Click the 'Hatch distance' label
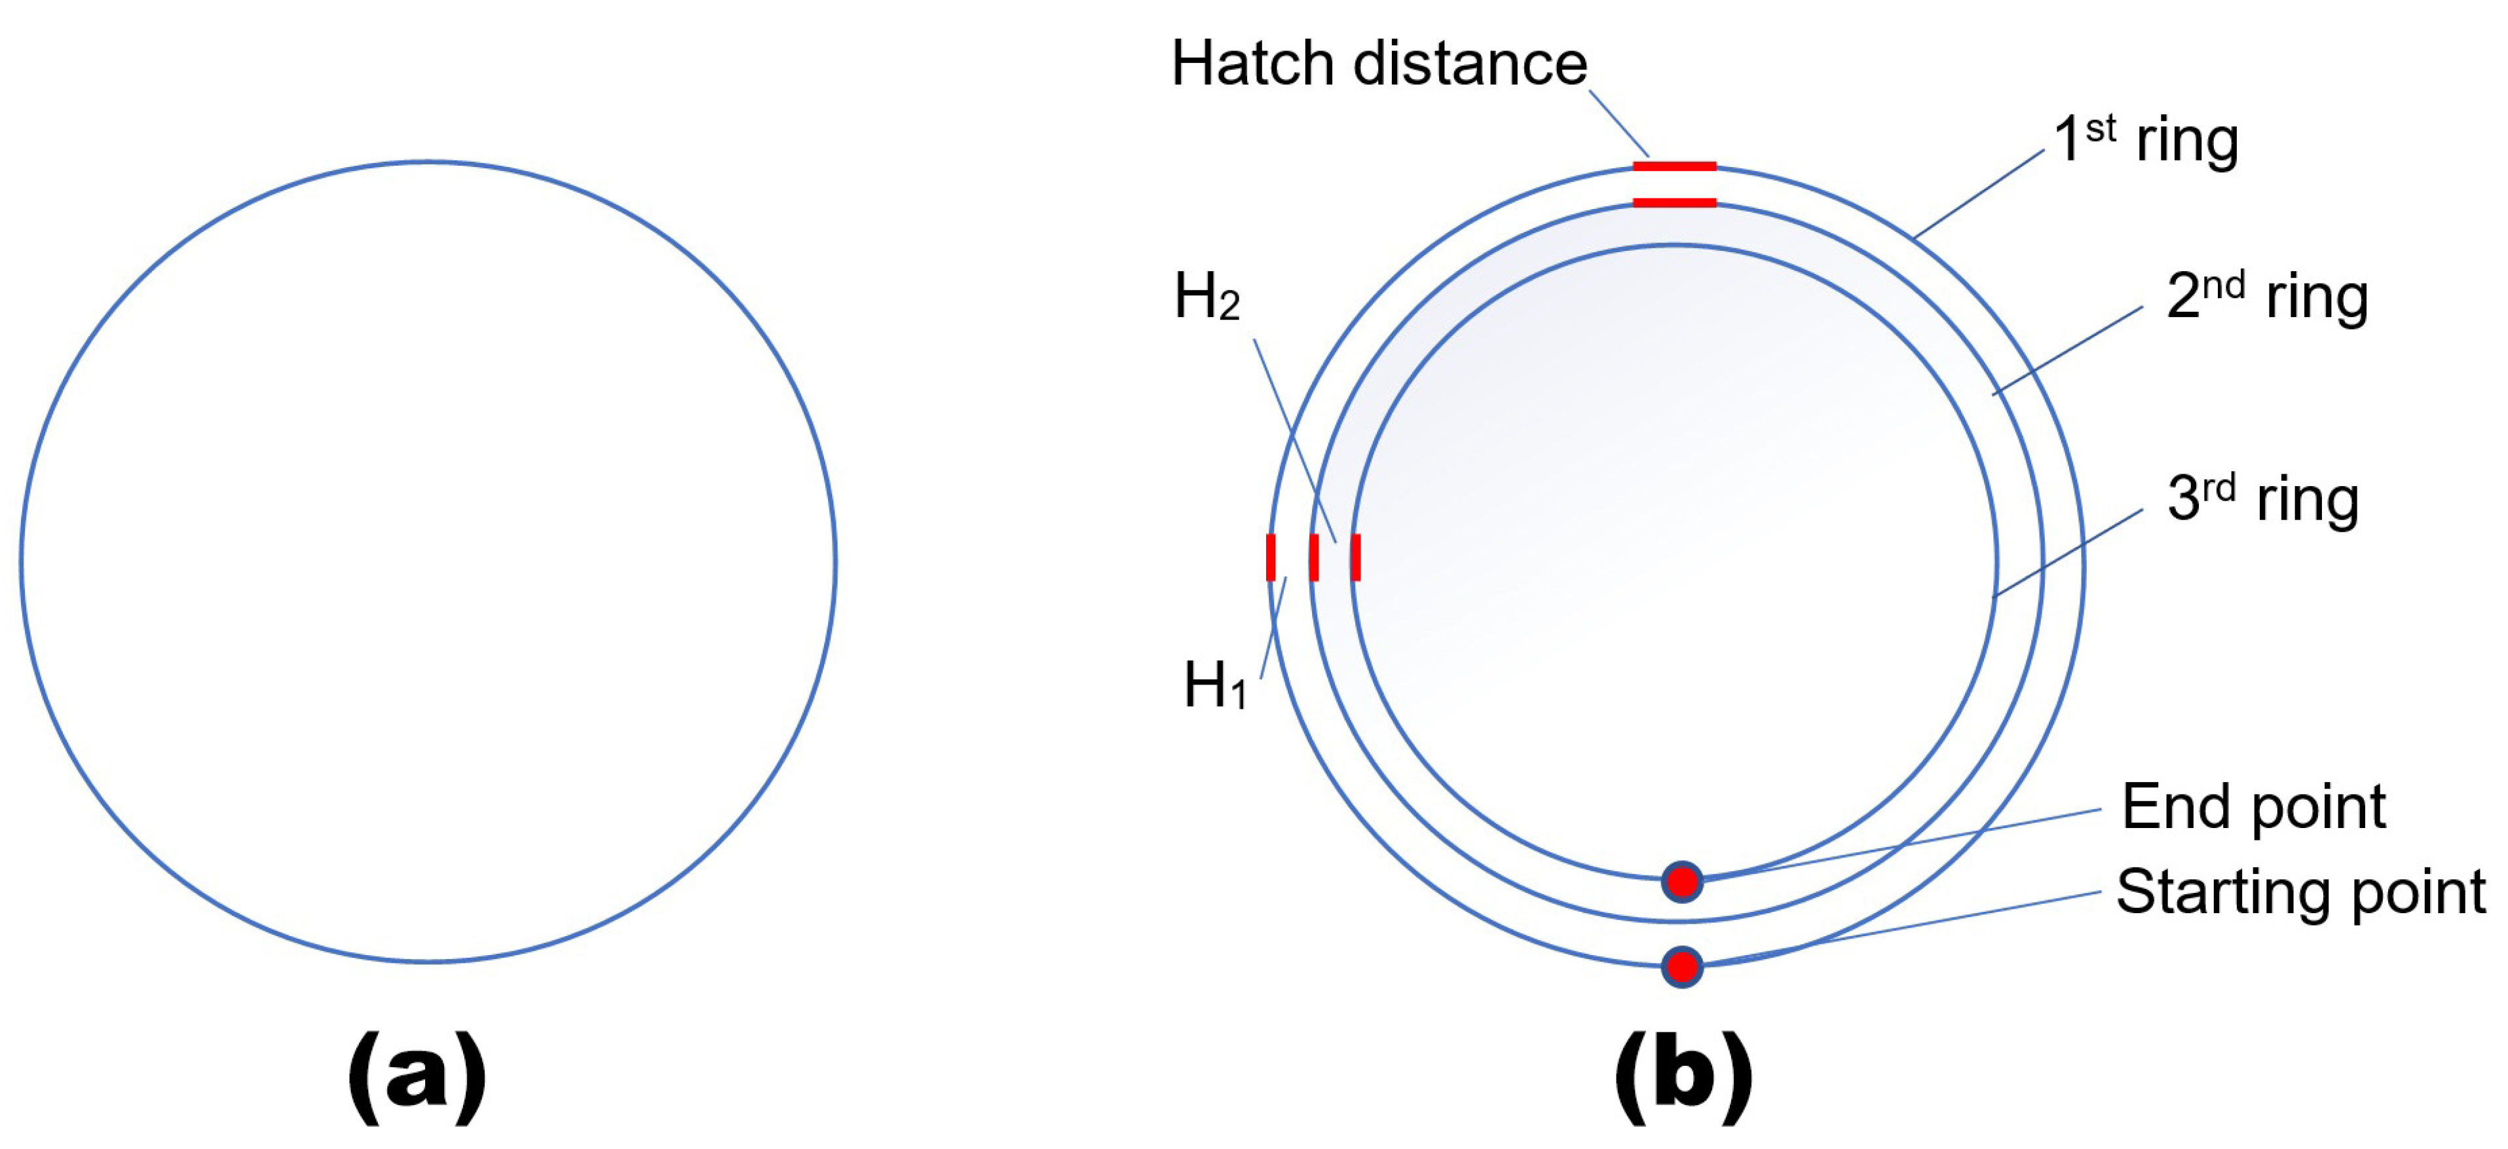coord(1379,64)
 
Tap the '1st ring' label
coord(2146,140)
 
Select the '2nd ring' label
coord(2266,296)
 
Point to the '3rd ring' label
coord(2262,499)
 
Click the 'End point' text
coord(2253,806)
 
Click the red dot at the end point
coord(1681,882)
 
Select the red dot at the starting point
coord(1681,967)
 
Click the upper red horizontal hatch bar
coord(1675,166)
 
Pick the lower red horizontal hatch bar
coord(1675,202)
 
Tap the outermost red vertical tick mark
coord(1271,557)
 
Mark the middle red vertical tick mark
coord(1313,557)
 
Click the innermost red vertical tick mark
coord(1355,557)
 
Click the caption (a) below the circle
coord(417,1077)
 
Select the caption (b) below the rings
coord(1683,1077)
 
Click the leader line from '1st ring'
coord(1978,194)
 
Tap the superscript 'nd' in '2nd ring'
coord(2224,286)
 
